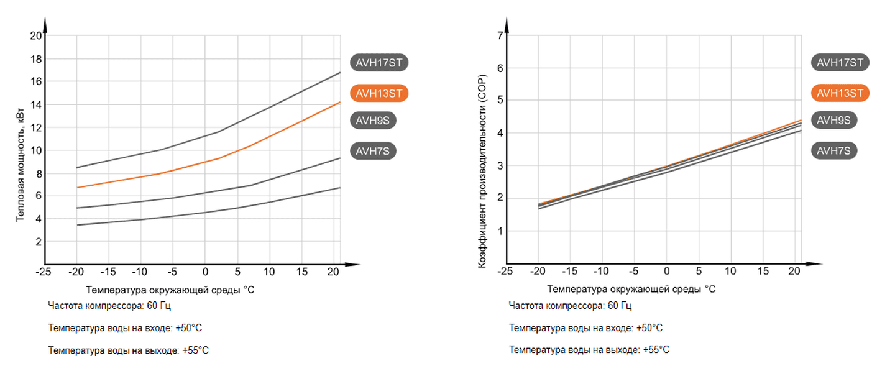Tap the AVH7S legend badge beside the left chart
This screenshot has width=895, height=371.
[x=373, y=150]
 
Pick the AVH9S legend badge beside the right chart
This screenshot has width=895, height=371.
[x=834, y=120]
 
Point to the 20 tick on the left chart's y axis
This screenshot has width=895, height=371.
[x=35, y=35]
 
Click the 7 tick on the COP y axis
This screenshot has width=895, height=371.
[x=499, y=35]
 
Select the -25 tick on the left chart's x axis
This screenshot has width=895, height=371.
[x=44, y=272]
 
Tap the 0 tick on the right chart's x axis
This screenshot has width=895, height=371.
[x=666, y=272]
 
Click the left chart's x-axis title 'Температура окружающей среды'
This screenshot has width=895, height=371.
[x=170, y=290]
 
